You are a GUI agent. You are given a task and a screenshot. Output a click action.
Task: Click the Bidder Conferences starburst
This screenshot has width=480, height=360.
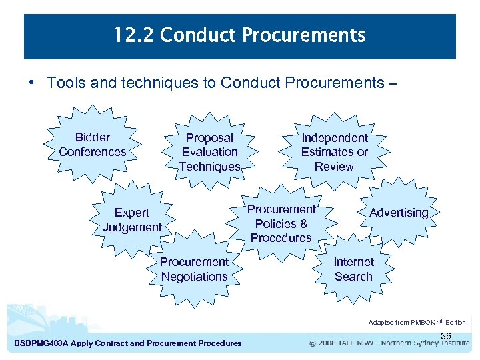[92, 145]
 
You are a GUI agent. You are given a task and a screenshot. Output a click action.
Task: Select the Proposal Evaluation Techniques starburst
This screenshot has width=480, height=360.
[209, 152]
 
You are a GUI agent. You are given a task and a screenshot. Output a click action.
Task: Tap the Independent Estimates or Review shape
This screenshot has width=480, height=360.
[334, 152]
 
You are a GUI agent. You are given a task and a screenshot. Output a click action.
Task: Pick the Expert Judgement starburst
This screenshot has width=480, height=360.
[132, 220]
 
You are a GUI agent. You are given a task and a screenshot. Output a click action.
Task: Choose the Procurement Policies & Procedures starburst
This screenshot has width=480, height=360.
[281, 223]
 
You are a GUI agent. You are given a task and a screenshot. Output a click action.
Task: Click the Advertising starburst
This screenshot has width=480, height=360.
[399, 213]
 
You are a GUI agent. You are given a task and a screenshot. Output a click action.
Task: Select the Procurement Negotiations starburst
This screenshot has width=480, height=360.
[194, 269]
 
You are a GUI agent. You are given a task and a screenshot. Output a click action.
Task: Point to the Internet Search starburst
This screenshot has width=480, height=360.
[353, 269]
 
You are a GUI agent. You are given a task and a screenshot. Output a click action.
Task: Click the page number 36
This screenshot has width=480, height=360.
[446, 335]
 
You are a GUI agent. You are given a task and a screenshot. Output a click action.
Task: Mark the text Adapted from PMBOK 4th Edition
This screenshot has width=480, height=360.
[417, 322]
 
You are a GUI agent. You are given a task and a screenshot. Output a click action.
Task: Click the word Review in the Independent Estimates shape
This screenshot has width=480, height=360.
[334, 167]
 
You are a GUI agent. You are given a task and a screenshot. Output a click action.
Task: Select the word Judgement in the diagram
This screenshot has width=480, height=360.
[132, 227]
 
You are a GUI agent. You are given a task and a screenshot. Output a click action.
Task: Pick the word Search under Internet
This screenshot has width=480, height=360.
[353, 277]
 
